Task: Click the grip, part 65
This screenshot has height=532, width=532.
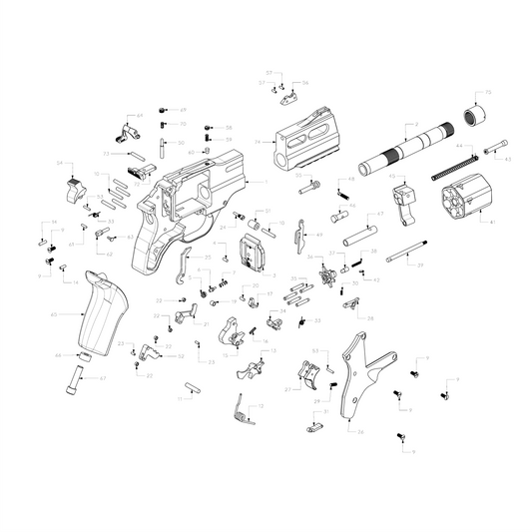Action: (x=104, y=312)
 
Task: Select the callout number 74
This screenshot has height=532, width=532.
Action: (x=258, y=142)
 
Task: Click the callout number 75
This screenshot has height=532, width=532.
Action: (x=487, y=93)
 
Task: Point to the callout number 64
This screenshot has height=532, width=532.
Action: (x=140, y=116)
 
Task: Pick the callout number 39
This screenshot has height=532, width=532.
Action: (x=421, y=266)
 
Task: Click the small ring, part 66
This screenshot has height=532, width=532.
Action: (x=86, y=354)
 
